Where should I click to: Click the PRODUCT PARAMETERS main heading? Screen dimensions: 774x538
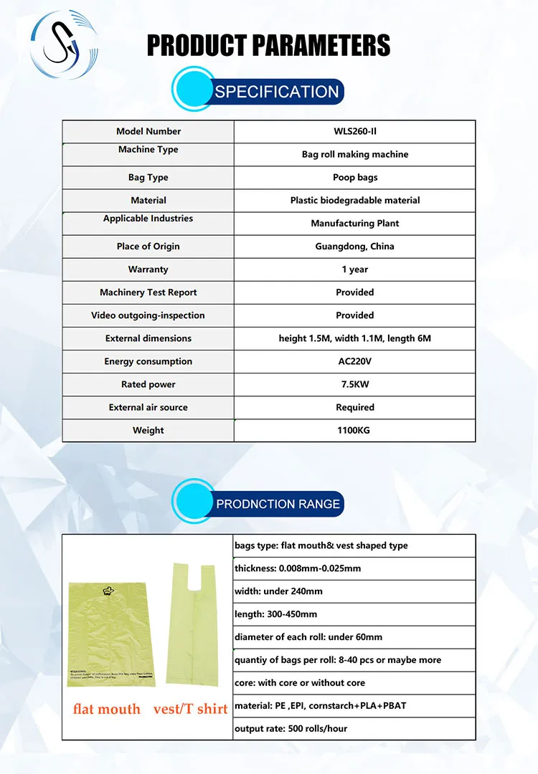coord(268,45)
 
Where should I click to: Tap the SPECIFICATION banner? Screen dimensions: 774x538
coord(276,92)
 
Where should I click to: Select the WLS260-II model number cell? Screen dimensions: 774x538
coord(354,131)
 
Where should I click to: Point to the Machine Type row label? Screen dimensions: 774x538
coord(148,150)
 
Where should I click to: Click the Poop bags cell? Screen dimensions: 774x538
coord(354,177)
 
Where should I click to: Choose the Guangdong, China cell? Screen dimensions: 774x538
coord(354,246)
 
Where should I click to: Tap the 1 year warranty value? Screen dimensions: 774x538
coord(354,269)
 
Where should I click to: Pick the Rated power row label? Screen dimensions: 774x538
coord(148,384)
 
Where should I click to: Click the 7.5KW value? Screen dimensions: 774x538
coord(354,384)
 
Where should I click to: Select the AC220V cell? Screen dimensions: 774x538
coord(354,361)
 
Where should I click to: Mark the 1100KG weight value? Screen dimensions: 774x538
coord(354,430)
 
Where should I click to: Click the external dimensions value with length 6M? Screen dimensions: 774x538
coord(354,338)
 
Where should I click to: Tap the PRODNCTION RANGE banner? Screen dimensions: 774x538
coord(278,504)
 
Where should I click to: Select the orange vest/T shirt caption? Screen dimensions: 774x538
coord(190,709)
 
